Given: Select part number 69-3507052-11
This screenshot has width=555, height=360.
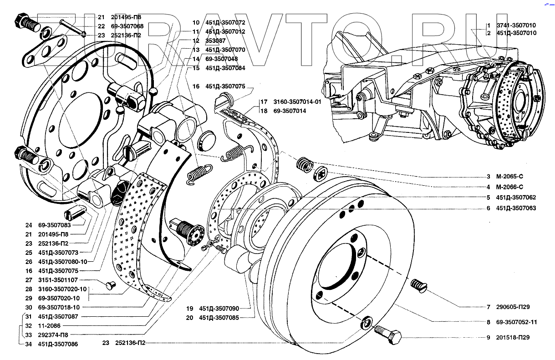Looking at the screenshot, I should click(x=516, y=322).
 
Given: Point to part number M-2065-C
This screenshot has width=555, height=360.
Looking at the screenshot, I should click(x=510, y=176).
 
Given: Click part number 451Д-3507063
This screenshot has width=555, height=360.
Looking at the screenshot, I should click(x=516, y=208).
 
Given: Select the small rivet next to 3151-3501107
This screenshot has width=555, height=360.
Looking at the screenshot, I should click(x=110, y=285).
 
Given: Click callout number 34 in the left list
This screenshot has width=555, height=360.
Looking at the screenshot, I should click(x=28, y=344).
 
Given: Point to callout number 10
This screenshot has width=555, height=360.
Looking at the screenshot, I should click(x=196, y=22).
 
